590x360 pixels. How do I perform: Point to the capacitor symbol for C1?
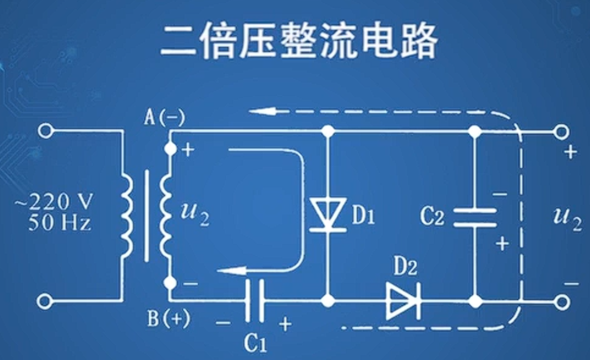255,300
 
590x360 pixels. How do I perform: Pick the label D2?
405,268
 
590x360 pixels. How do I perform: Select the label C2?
432,217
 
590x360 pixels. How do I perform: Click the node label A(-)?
164,117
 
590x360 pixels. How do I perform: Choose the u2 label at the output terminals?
566,217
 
